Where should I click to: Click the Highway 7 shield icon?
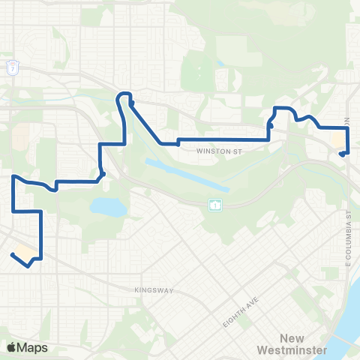pos(13,67)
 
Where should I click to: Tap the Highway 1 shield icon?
pos(214,205)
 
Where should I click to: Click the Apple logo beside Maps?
pos(11,346)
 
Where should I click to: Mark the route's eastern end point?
pos(341,154)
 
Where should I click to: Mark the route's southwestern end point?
pos(12,254)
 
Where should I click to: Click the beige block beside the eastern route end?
pos(337,141)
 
